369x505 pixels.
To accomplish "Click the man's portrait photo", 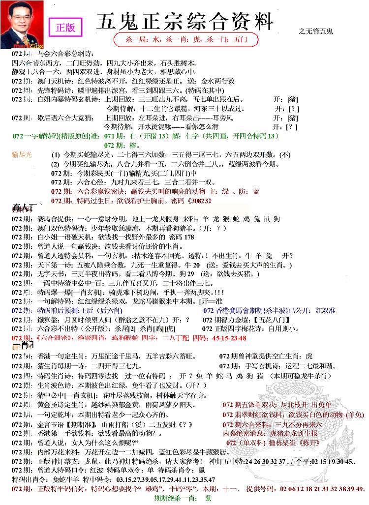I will tap(22, 25).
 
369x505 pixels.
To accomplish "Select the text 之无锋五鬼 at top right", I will tap(316, 31).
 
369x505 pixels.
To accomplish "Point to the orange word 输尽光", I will tap(22, 154).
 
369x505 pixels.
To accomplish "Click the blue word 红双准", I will tap(325, 310).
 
